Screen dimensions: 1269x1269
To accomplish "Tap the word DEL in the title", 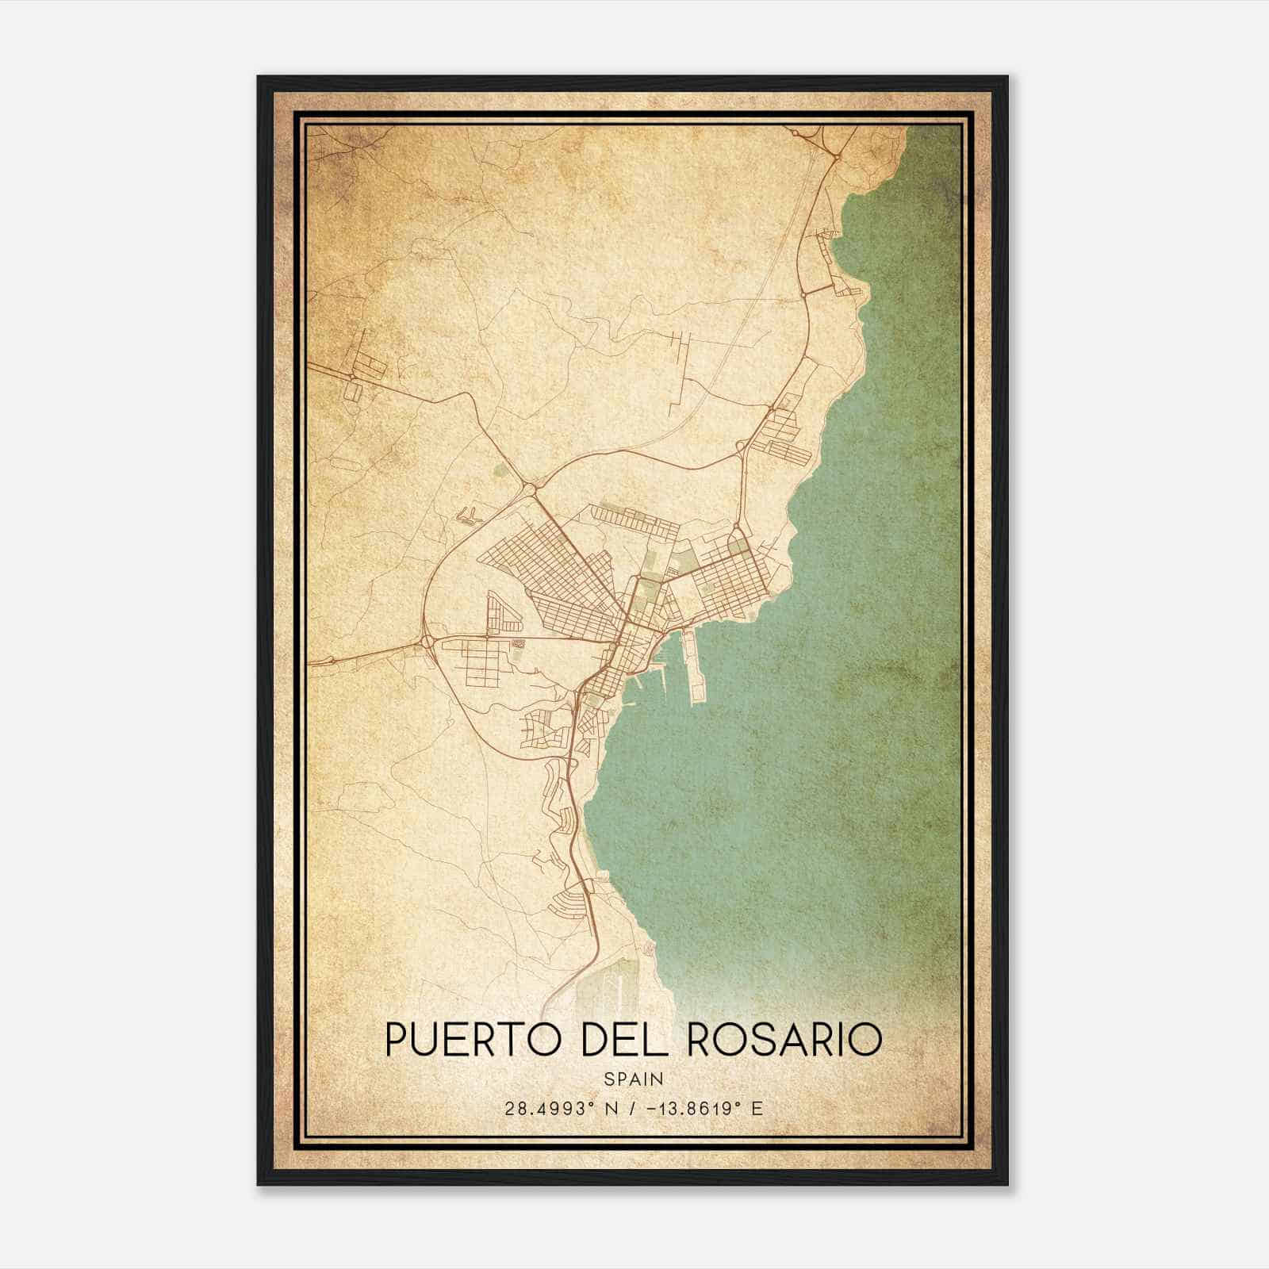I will click(627, 1040).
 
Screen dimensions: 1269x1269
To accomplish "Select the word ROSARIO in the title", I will click(784, 1040).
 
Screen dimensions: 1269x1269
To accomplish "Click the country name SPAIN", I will click(634, 1079).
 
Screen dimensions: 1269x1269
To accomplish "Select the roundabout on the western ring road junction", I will click(428, 641).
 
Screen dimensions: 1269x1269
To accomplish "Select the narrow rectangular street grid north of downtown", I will click(634, 519).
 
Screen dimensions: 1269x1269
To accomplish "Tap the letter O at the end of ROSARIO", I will click(867, 1040).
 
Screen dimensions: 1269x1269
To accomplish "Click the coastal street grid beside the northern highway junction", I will click(785, 432).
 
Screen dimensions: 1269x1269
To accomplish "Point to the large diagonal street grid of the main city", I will click(547, 579).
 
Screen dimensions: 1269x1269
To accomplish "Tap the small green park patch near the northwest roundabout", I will click(500, 471).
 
